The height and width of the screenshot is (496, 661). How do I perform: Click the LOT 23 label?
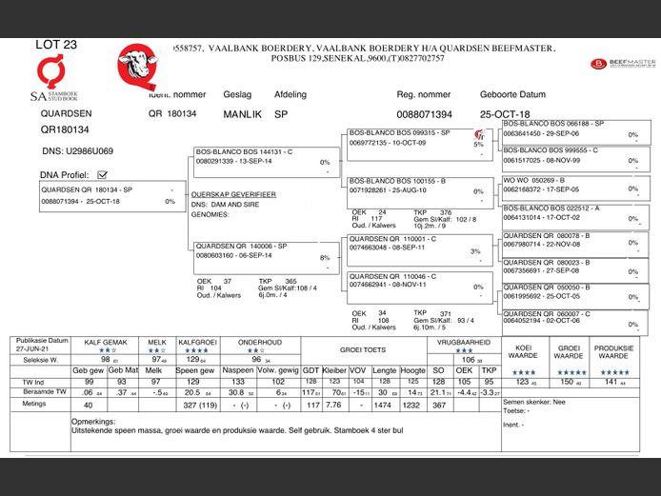pyautogui.click(x=56, y=44)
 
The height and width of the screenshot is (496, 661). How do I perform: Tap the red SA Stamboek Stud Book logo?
pyautogui.click(x=49, y=77)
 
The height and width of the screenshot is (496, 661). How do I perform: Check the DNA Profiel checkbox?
pyautogui.click(x=102, y=174)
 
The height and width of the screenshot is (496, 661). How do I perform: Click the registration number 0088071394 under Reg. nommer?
pyautogui.click(x=424, y=114)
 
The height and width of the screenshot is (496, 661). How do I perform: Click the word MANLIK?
pyautogui.click(x=241, y=114)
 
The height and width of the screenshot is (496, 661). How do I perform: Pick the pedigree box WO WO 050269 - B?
pyautogui.click(x=572, y=184)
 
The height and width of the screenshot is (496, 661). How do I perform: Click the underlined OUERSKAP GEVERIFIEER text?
pyautogui.click(x=233, y=193)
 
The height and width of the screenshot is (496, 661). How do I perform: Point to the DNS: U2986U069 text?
pyautogui.click(x=78, y=150)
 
